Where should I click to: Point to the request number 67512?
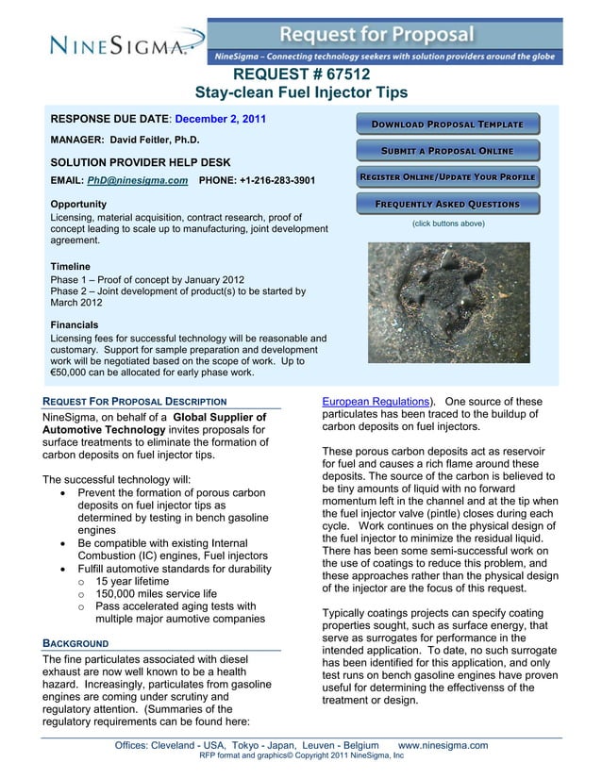click(301, 75)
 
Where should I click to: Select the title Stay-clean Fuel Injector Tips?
click(301, 92)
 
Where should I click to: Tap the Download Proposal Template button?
click(447, 124)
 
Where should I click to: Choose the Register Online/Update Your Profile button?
click(447, 177)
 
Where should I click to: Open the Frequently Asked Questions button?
click(447, 204)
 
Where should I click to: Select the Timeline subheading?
click(73, 267)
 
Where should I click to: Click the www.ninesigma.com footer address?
click(443, 745)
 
